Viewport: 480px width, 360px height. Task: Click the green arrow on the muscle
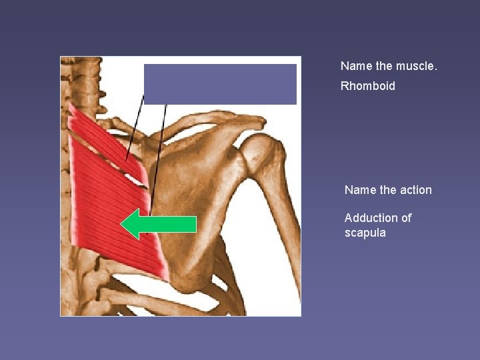pyautogui.click(x=160, y=224)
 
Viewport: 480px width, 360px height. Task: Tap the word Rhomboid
pyautogui.click(x=367, y=86)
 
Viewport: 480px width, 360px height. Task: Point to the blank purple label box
pyautogui.click(x=220, y=84)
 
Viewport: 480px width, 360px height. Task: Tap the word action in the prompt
pyautogui.click(x=415, y=190)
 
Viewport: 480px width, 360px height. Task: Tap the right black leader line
pyautogui.click(x=159, y=153)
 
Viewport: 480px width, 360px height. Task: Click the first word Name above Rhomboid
pyautogui.click(x=355, y=66)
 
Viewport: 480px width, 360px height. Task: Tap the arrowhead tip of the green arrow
pyautogui.click(x=122, y=224)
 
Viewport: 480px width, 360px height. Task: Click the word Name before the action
pyautogui.click(x=359, y=190)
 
